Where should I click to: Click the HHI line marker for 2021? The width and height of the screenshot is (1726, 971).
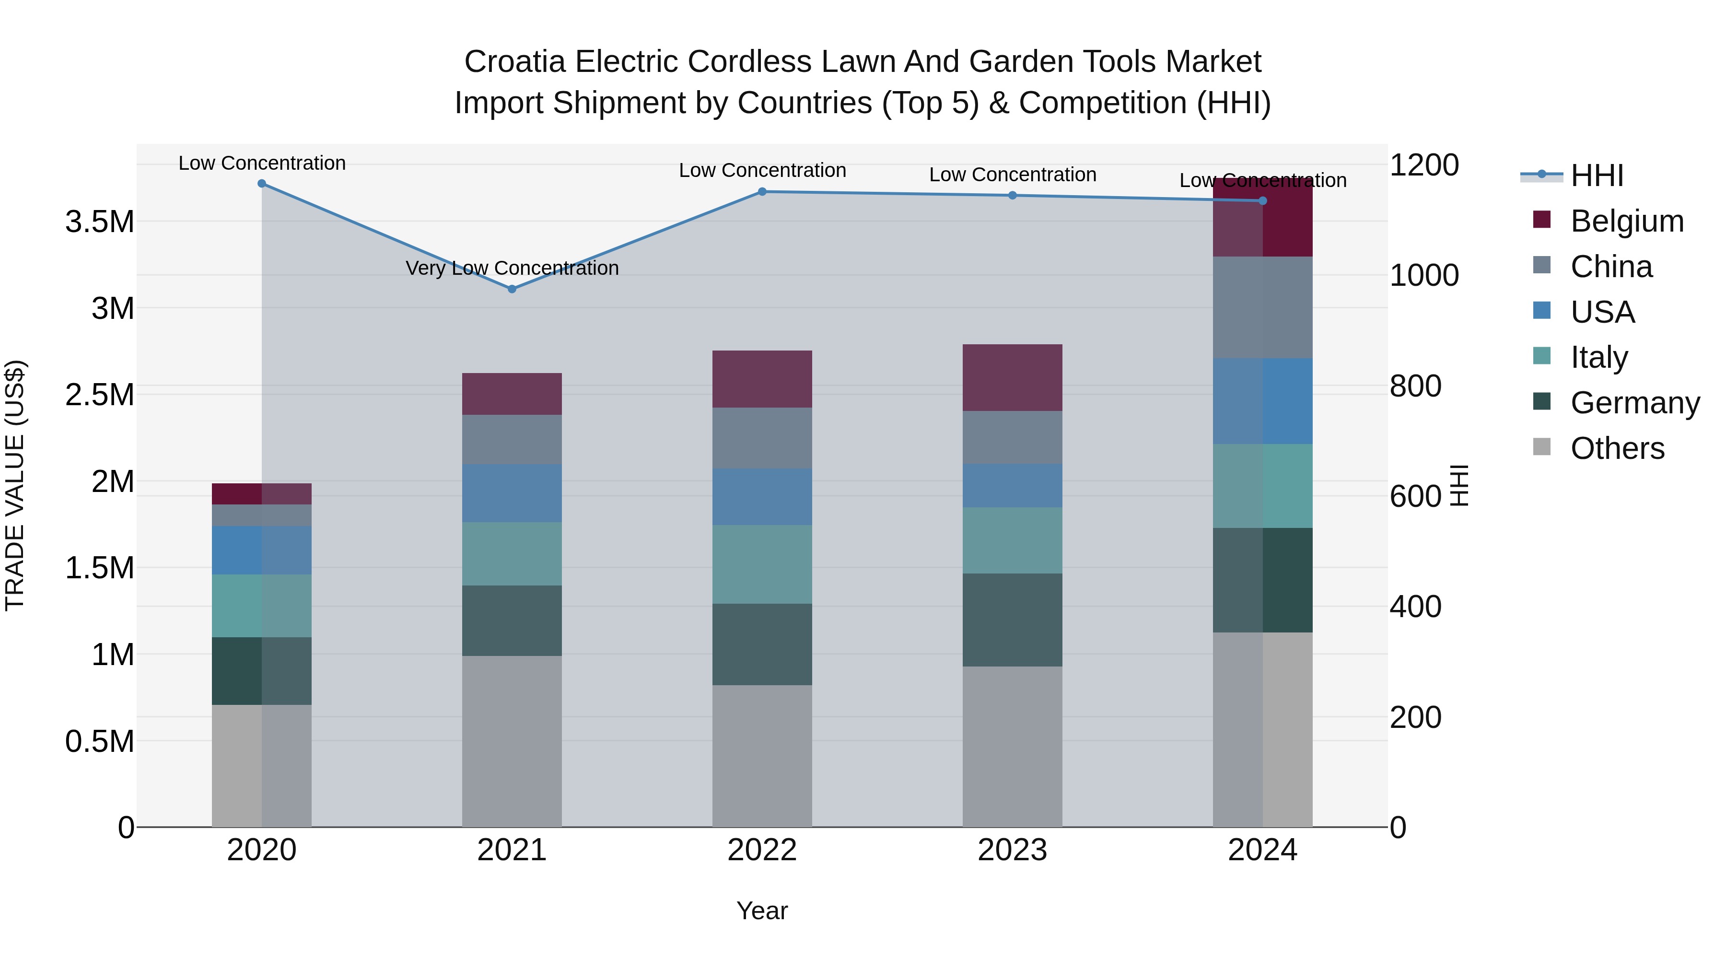(512, 289)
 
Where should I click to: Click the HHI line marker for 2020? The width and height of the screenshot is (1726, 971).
(262, 184)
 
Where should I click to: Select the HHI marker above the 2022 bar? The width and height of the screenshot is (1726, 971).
(762, 192)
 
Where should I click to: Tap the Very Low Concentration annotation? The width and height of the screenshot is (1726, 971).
(512, 268)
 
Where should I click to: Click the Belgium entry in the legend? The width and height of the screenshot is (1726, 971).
(1626, 221)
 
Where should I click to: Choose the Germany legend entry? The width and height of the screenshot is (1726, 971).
(1634, 403)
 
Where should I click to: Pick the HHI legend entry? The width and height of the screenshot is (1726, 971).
(1596, 175)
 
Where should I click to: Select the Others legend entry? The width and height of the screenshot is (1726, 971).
(1617, 448)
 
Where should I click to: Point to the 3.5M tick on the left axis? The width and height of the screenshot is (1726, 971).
(100, 222)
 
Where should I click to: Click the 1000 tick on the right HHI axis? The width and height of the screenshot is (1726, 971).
(1424, 275)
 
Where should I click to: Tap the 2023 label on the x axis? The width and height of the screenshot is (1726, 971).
(1012, 850)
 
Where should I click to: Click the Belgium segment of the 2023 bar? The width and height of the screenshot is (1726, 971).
(1012, 377)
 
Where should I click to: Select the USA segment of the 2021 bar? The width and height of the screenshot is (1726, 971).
(512, 493)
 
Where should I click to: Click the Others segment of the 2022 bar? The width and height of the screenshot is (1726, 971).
(762, 755)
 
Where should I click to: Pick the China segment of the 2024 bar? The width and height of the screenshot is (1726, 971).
(1262, 307)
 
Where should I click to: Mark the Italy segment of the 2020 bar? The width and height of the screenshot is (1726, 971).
(262, 605)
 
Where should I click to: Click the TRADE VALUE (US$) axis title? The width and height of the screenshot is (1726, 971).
(15, 485)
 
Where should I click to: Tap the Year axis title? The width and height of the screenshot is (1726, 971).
(762, 911)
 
